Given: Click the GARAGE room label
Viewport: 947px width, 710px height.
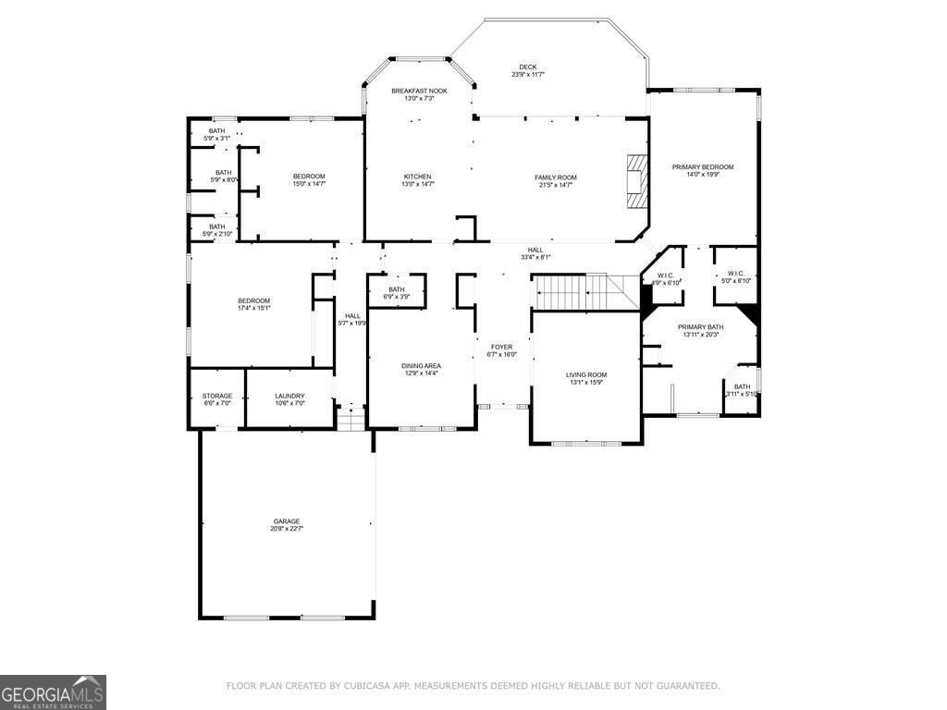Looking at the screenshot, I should click(x=286, y=520).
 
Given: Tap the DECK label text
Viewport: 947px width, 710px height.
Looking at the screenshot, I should click(x=527, y=67).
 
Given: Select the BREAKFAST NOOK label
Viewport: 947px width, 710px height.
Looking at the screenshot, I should click(x=418, y=91).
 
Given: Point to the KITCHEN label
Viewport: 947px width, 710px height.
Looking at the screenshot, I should click(x=417, y=177).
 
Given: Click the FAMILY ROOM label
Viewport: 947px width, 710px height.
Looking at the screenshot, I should click(x=555, y=177).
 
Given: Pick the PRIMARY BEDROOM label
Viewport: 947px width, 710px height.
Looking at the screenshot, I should click(x=702, y=166).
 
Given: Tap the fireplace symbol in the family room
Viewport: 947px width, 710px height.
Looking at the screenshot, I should click(x=635, y=182).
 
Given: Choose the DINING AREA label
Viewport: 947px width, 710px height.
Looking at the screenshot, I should click(x=421, y=366).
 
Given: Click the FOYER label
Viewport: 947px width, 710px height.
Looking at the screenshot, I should click(x=501, y=347).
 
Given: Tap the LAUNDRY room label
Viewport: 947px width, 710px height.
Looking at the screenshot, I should click(x=289, y=396).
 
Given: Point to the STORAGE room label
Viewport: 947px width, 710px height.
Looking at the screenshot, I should click(x=217, y=396).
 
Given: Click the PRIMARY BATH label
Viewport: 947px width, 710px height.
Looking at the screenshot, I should click(x=700, y=327).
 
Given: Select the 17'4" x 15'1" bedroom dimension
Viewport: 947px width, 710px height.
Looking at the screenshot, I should click(x=253, y=308).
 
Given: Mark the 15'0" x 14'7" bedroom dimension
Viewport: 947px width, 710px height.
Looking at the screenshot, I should click(x=309, y=184).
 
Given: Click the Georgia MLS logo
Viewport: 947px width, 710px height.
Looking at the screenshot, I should click(x=53, y=692).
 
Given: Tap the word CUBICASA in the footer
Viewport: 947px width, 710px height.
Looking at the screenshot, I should click(x=368, y=686).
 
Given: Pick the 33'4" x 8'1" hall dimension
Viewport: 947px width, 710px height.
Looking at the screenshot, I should click(x=535, y=257).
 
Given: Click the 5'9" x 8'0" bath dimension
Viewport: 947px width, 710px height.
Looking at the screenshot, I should click(x=224, y=179).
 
